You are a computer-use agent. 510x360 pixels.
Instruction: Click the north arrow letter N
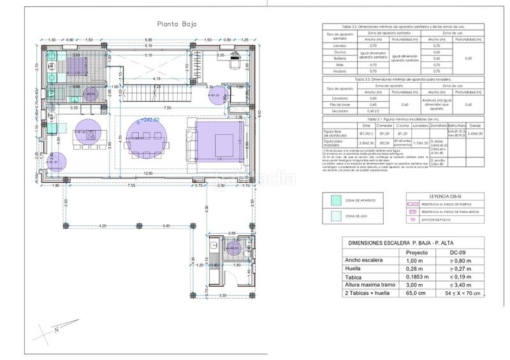(57, 329)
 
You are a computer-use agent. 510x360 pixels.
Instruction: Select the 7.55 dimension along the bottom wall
(131, 185)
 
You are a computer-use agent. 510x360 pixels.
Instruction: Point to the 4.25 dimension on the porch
(103, 226)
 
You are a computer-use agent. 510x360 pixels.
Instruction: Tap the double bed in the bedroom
(220, 141)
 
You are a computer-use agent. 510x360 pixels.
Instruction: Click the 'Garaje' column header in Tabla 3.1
(475, 126)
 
